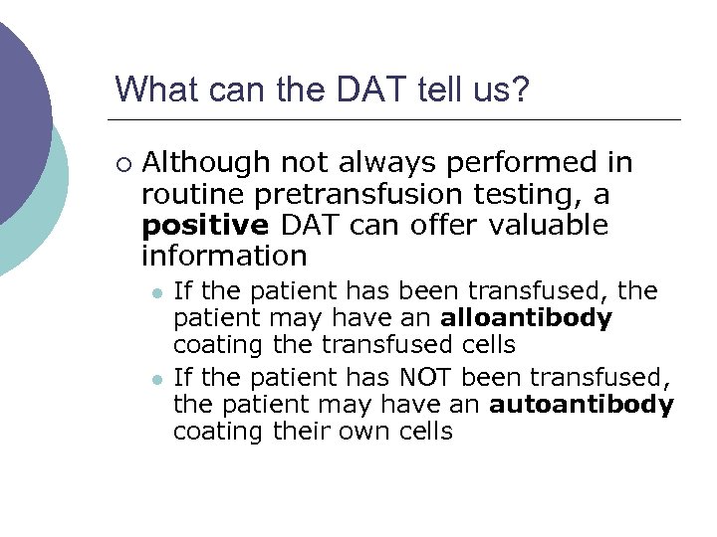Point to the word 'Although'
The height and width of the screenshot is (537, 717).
pyautogui.click(x=206, y=162)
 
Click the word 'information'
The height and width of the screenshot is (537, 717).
pyautogui.click(x=224, y=256)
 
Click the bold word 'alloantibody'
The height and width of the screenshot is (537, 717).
pyautogui.click(x=526, y=318)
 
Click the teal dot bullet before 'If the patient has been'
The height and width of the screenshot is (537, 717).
pyautogui.click(x=156, y=292)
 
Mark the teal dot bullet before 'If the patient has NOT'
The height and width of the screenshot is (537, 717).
pyautogui.click(x=156, y=379)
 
